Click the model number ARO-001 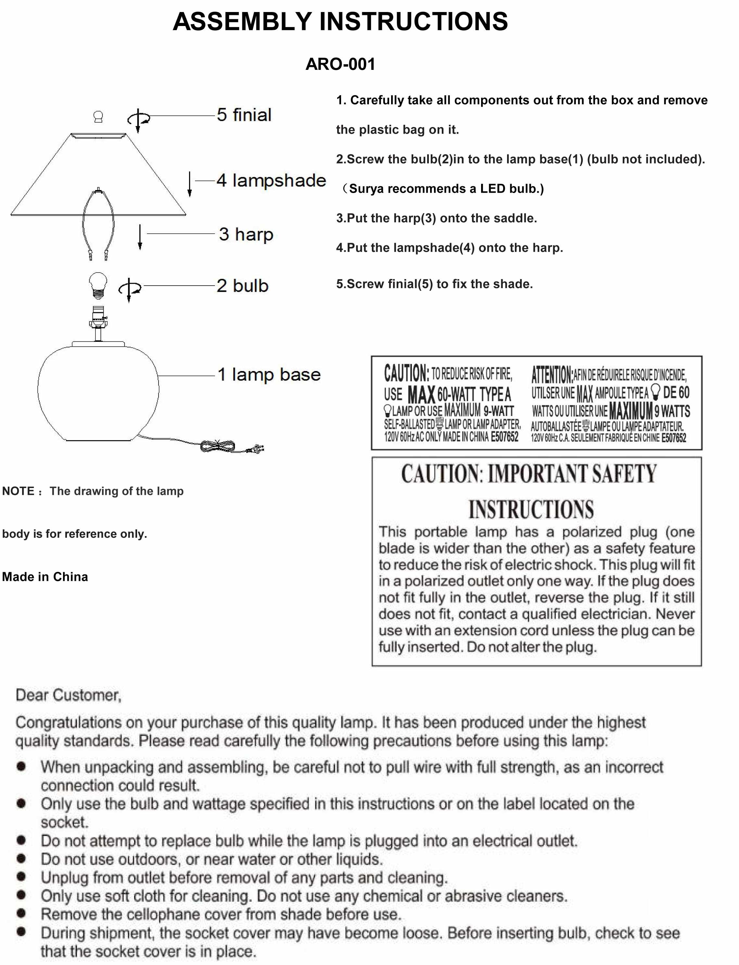pos(340,64)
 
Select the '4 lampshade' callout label pos(271,180)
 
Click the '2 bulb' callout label pos(242,286)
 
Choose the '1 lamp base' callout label pos(269,375)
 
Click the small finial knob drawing pos(98,117)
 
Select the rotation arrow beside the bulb pos(129,289)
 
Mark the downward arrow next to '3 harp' pos(140,237)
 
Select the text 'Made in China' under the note pos(45,576)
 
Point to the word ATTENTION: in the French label pos(552,375)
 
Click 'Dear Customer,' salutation pos(68,695)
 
